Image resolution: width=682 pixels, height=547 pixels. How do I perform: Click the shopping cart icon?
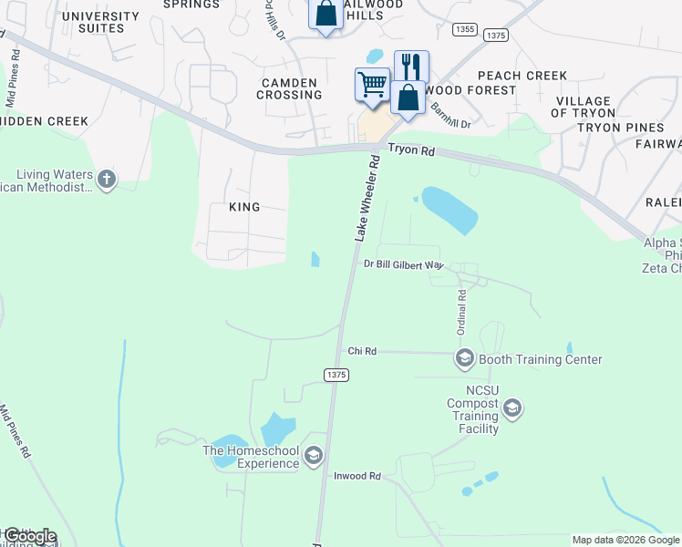click(x=371, y=85)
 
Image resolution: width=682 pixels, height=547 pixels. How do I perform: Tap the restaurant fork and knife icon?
click(x=411, y=67)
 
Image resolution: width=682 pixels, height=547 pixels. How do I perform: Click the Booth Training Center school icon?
click(x=464, y=358)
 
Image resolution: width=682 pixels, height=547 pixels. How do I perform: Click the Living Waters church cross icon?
click(x=106, y=179)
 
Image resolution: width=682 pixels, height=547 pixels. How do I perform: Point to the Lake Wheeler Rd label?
click(x=367, y=198)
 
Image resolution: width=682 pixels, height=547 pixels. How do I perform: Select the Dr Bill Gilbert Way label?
click(x=403, y=264)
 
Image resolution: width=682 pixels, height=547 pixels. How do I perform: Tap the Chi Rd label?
click(x=362, y=351)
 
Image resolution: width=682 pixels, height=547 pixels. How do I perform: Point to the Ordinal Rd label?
click(x=462, y=310)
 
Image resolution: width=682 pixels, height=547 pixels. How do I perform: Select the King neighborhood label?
click(x=244, y=207)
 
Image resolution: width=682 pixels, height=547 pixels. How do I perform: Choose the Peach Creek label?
click(x=522, y=76)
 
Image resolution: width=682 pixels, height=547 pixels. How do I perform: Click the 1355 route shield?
click(x=464, y=30)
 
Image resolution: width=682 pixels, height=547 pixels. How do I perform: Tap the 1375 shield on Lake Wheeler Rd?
click(x=336, y=375)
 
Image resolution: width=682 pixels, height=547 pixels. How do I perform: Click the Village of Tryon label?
click(x=583, y=107)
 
